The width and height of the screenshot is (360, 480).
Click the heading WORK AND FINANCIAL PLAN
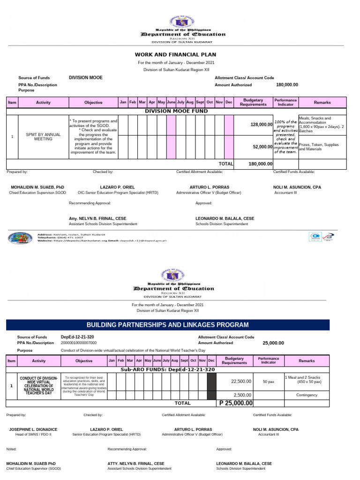175,54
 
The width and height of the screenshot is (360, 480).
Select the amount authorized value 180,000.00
287,85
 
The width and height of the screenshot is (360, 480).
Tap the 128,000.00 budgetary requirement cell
256,124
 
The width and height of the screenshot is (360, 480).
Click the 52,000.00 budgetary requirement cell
256,147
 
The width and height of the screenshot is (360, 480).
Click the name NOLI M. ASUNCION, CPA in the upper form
298,187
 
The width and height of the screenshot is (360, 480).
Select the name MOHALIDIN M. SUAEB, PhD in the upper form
37,187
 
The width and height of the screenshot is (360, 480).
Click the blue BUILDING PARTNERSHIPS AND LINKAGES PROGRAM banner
167,325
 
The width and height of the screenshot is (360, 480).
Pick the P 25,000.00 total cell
236,403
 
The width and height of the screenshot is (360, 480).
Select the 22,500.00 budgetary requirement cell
242,382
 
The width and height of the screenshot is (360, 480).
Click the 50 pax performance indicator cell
268,382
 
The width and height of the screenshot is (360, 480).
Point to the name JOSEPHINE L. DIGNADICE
33,429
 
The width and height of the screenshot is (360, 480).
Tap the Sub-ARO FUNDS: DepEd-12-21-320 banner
167,369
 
